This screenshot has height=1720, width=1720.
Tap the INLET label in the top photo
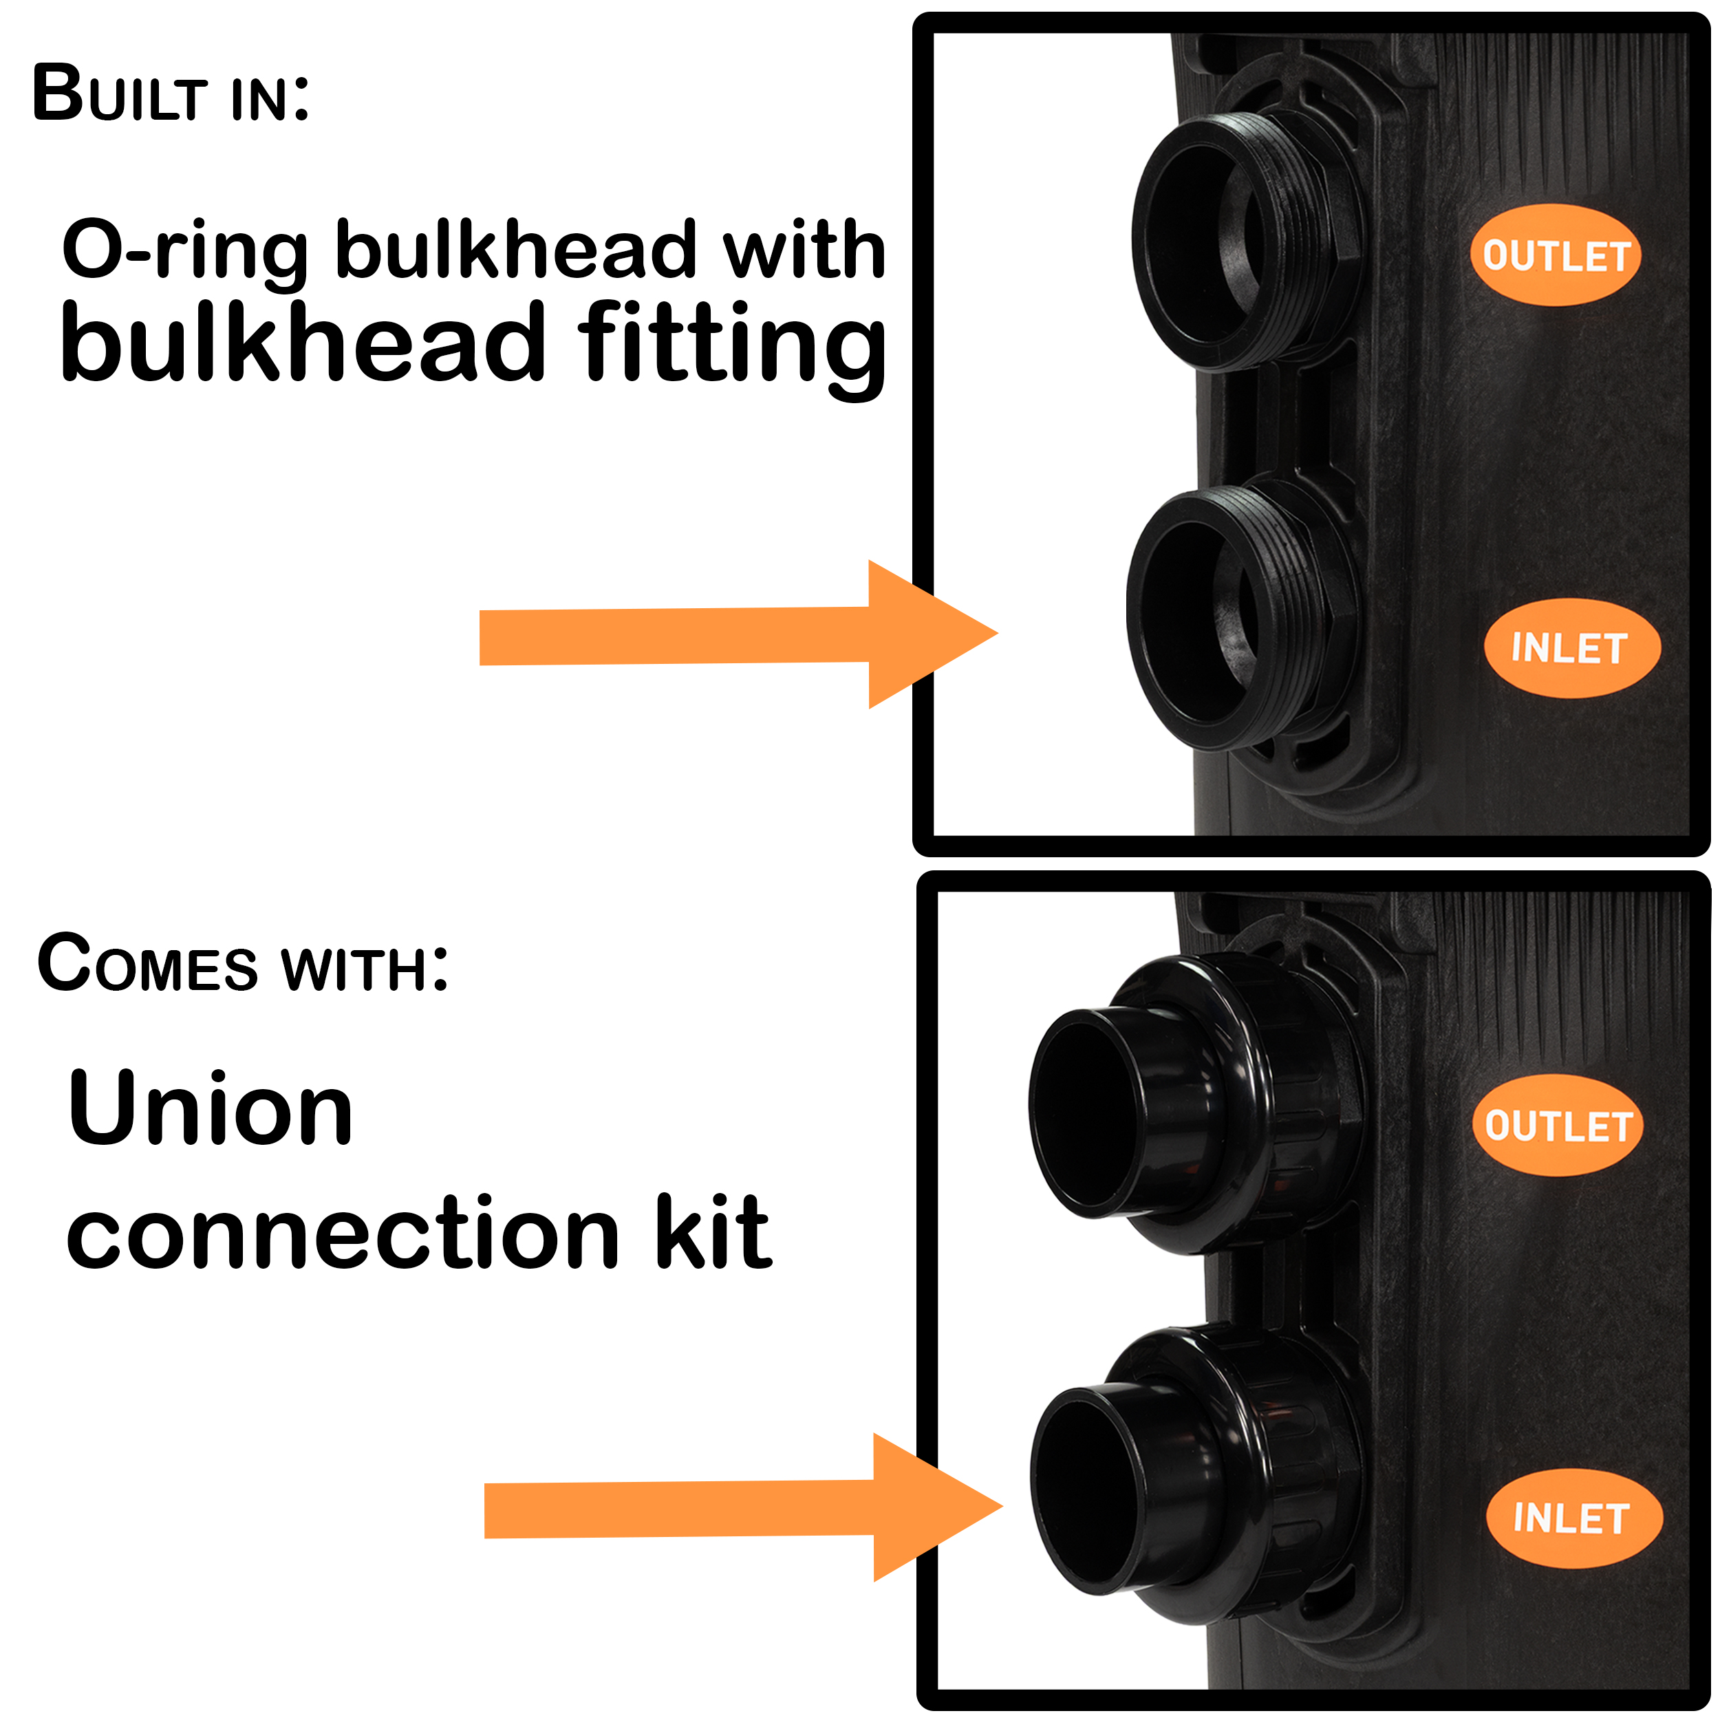pos(1571,648)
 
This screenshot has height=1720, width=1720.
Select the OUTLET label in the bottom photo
pos(1557,1126)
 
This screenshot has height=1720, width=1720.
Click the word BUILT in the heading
pos(120,94)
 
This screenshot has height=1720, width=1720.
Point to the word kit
pos(713,1232)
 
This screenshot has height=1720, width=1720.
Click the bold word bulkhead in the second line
pos(303,342)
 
